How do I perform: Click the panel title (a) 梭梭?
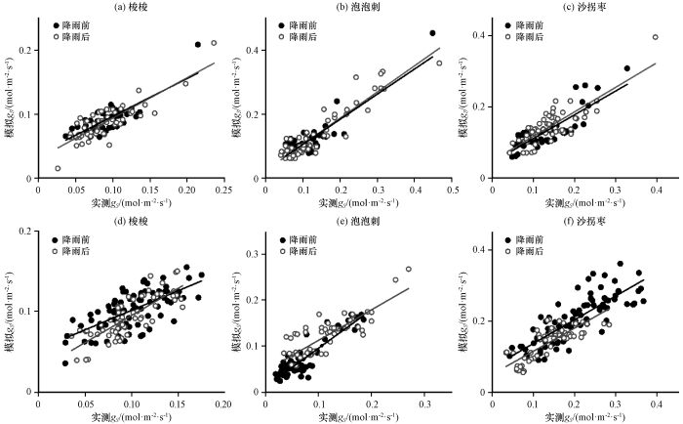[x=131, y=7]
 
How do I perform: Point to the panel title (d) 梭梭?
[x=131, y=221]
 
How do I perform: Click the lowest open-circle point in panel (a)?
[x=58, y=168]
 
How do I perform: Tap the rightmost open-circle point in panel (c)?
[x=655, y=38]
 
